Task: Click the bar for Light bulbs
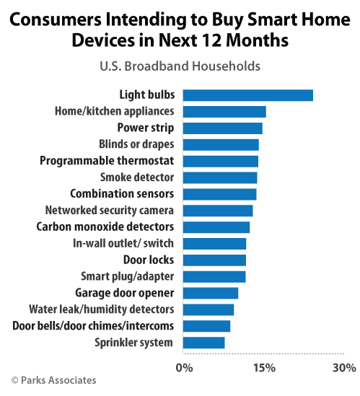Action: coord(247,94)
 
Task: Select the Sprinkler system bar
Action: coord(203,342)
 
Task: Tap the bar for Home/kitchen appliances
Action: coord(224,111)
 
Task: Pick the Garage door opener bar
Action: coord(210,293)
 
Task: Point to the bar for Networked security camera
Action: coord(217,211)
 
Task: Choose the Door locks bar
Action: coord(214,260)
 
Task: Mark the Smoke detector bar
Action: coord(219,177)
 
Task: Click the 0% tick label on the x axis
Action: coord(185,369)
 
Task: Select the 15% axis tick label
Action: coord(264,369)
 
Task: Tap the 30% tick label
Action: coord(344,369)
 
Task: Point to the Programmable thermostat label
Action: coord(107,161)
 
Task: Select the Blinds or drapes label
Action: coord(136,144)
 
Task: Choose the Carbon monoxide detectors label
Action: coord(105,226)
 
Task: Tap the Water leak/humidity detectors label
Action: coord(101,309)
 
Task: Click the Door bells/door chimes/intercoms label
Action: coord(93,325)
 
